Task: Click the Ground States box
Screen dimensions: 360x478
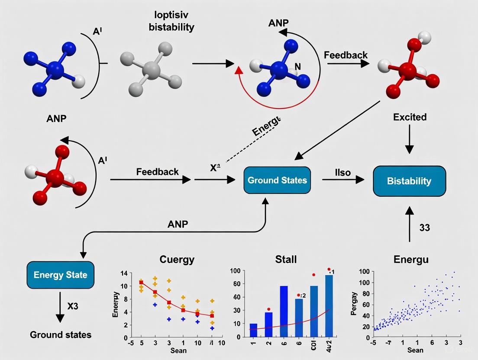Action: point(278,180)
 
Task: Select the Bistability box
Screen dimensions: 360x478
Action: point(409,180)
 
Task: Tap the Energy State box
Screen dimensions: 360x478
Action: point(60,275)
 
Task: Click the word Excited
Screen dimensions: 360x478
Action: point(410,117)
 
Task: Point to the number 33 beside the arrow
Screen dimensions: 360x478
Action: point(424,227)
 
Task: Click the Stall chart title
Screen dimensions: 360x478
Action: point(286,260)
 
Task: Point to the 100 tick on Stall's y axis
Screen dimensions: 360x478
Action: point(236,271)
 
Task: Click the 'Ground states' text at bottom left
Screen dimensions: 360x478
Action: point(60,334)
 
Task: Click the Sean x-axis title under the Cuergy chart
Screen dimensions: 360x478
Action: point(178,350)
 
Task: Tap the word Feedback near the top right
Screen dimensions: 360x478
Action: point(346,55)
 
